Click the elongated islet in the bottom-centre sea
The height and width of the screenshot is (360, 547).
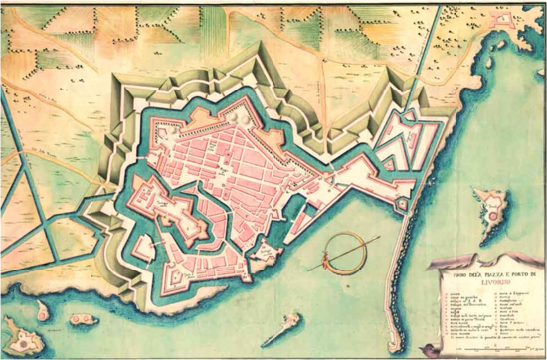(284, 325)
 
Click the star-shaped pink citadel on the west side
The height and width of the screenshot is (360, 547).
(168, 213)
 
